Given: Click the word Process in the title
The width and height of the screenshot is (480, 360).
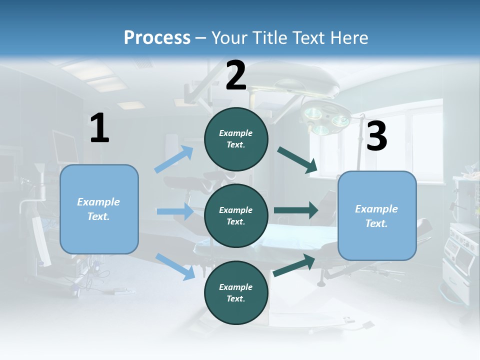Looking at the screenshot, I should click(157, 37).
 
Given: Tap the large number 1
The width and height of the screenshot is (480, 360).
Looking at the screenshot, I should click(99, 128).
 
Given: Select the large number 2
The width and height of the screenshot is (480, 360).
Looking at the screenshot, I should click(236, 75).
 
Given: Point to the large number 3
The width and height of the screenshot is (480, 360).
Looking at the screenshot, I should click(376, 136).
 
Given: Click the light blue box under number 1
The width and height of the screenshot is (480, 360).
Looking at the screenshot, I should click(99, 209).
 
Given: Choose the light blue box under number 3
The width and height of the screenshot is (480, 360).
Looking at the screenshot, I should click(377, 215).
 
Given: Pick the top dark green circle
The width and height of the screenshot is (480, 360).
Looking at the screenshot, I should click(236, 139).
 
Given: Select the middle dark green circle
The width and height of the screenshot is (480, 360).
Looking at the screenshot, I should click(236, 215).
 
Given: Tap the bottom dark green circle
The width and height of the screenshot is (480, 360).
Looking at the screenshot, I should click(236, 292).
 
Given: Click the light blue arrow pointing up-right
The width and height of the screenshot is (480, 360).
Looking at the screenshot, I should click(174, 159).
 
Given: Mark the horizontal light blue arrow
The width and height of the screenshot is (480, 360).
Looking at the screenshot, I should click(175, 211).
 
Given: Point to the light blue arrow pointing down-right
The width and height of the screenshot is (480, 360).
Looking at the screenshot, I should click(175, 266).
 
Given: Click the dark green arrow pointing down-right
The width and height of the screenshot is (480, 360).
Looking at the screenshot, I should click(298, 160).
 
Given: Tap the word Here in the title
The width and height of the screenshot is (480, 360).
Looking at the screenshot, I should click(349, 37).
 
